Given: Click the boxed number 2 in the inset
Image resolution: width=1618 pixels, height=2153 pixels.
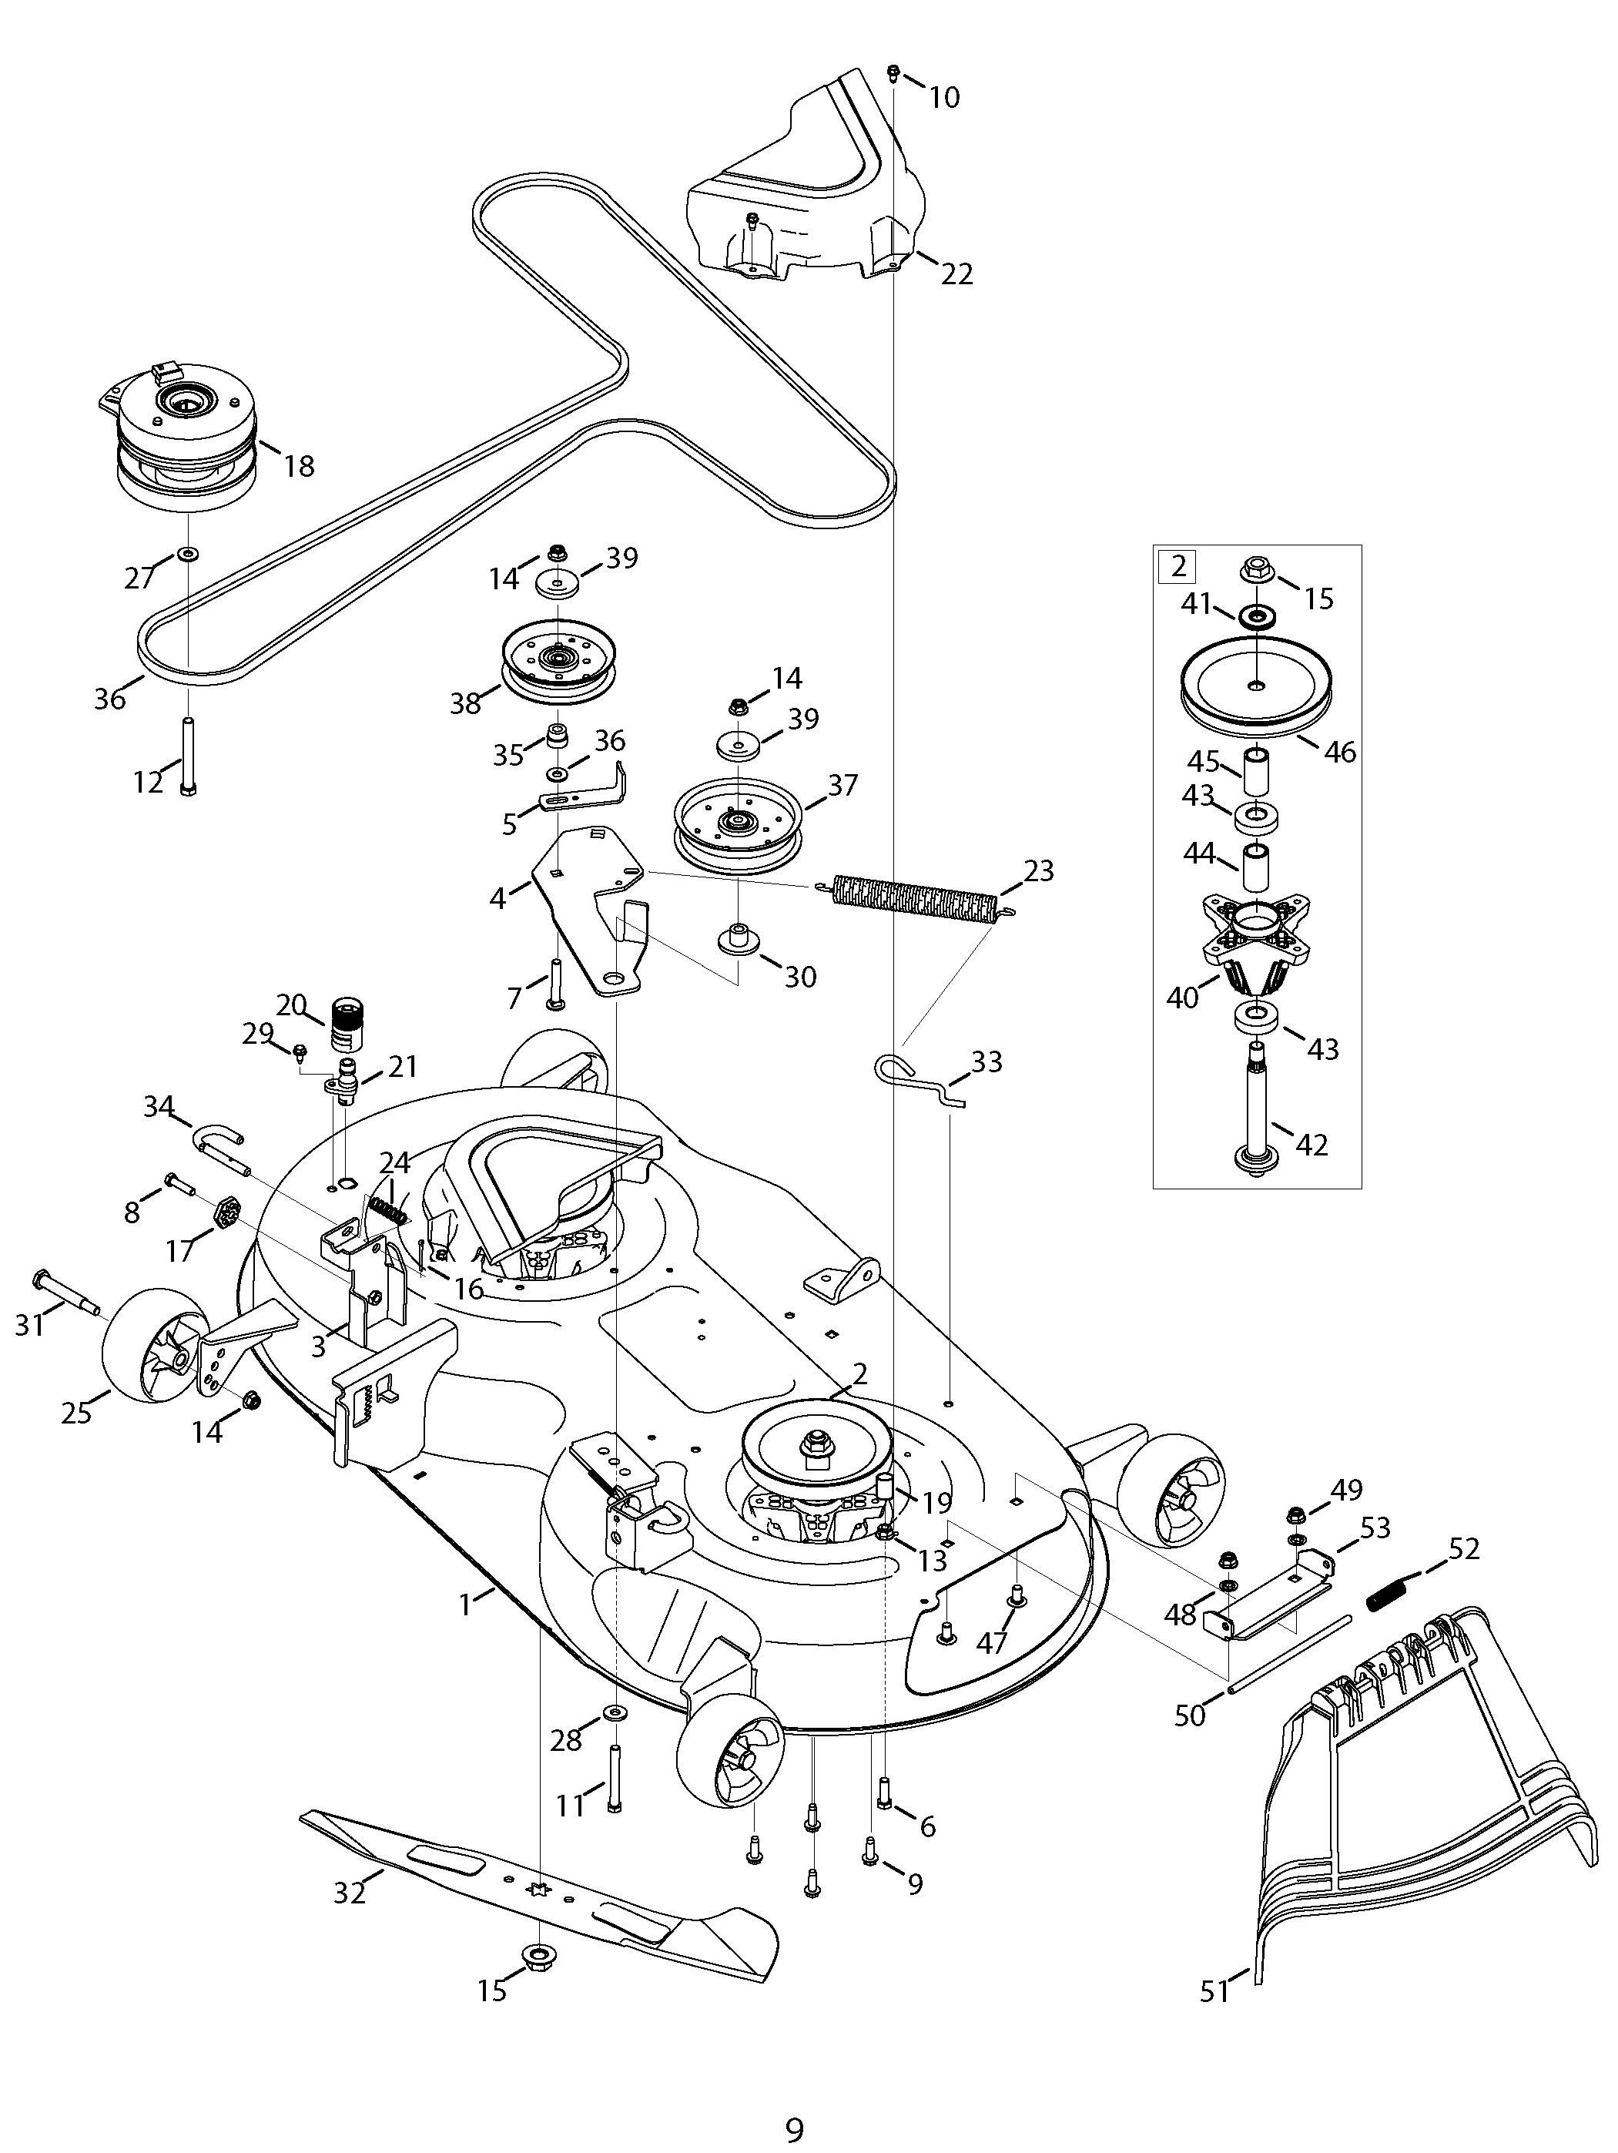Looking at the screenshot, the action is click(x=1178, y=566).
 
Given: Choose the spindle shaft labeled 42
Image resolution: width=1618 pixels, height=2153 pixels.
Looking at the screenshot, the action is click(x=1256, y=1105).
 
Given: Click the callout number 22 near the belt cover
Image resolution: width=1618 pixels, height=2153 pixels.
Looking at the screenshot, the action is click(x=956, y=273).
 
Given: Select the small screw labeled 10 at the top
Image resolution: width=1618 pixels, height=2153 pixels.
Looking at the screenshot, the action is click(x=893, y=73).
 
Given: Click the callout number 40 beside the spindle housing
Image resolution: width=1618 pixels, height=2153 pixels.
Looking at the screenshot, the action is click(x=1182, y=998).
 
